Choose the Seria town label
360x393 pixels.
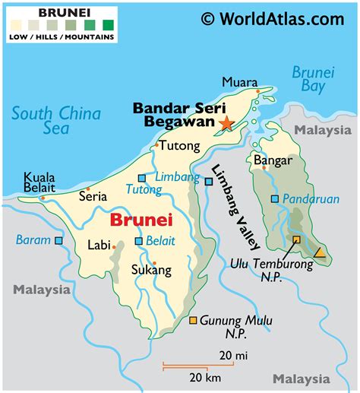93,196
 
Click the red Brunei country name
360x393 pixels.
141,220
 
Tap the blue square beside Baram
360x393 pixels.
58,240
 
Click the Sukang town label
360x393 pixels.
151,269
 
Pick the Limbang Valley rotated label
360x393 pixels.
236,208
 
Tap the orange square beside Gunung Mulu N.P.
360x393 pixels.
194,320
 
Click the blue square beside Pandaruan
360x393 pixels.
274,199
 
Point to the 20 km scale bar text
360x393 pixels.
204,378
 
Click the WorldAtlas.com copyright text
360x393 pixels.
272,18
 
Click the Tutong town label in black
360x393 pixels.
182,145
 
